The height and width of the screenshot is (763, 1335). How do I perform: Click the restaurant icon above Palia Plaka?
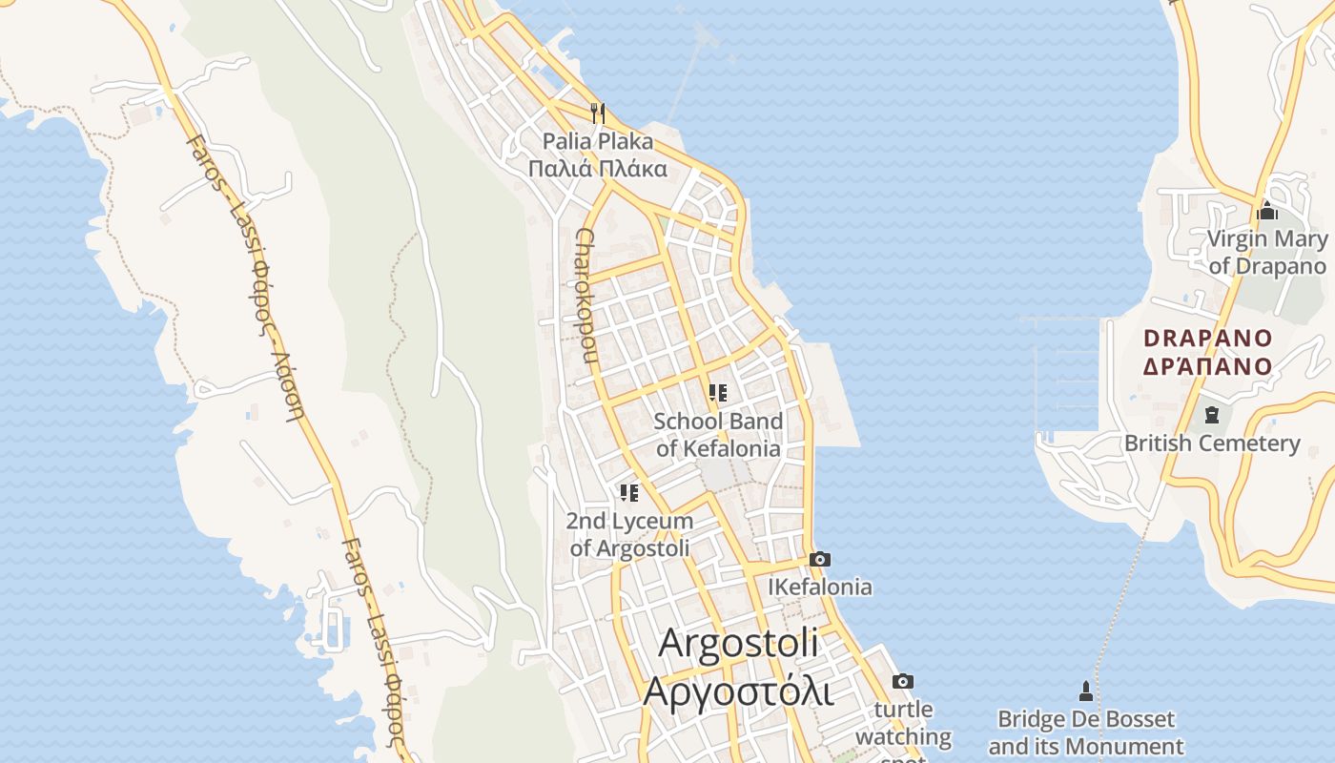tap(598, 113)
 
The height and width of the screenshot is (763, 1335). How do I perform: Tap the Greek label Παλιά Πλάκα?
tap(598, 170)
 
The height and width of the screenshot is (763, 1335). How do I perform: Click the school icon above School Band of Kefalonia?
tap(718, 392)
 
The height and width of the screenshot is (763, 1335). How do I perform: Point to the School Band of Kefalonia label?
tap(718, 435)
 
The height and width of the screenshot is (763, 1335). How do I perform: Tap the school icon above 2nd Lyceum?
tap(628, 493)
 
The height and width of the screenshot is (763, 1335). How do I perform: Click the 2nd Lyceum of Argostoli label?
tap(629, 535)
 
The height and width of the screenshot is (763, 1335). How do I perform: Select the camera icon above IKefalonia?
tap(819, 559)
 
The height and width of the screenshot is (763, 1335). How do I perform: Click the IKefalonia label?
tap(820, 587)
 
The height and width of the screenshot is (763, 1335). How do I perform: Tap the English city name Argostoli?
tap(738, 643)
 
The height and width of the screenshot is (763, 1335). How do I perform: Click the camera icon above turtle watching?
tap(902, 681)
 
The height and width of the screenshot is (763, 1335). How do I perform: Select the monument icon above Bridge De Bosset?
tap(1084, 690)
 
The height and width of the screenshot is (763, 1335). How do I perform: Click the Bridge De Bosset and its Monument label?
tap(1086, 732)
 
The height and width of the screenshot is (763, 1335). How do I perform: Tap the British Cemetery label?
tap(1211, 443)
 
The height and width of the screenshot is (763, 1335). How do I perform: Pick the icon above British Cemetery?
tap(1211, 415)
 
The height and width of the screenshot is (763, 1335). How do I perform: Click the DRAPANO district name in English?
tap(1207, 338)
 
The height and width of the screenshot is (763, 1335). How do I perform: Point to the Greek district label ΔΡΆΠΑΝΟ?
tap(1207, 366)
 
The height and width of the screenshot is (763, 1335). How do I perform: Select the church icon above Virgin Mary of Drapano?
tap(1267, 210)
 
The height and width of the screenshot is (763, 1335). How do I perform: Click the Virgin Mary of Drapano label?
tap(1267, 253)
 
